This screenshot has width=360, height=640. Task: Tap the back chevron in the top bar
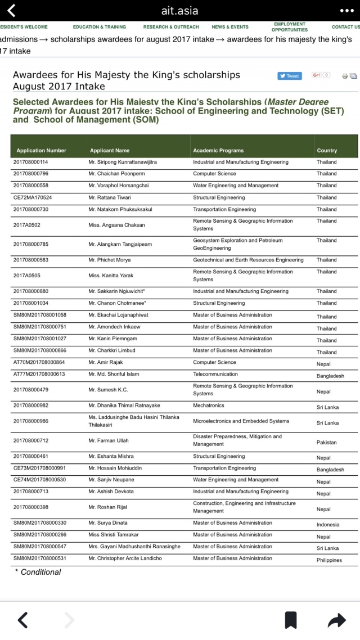pos(12,11)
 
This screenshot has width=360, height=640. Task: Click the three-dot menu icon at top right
pos(347,11)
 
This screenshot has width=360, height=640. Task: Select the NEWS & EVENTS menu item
pos(229,27)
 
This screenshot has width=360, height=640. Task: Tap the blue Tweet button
pos(290,76)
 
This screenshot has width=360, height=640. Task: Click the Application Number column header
pos(41,151)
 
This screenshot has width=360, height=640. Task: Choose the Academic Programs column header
pos(218,151)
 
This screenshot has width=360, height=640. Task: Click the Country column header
pos(327,151)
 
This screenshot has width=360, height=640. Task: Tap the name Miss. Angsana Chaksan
pos(116,225)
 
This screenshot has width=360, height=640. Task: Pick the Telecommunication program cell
pos(215,374)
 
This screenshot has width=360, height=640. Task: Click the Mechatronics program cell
pos(209,405)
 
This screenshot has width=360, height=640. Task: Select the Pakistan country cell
pos(327,443)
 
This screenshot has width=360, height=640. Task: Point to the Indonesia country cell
pos(328,525)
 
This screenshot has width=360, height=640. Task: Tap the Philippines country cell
pos(329,560)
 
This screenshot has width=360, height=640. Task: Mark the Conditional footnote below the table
pos(38,572)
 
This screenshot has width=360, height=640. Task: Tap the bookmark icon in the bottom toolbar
pos(290,620)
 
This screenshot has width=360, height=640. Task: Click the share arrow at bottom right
pos(336,620)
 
